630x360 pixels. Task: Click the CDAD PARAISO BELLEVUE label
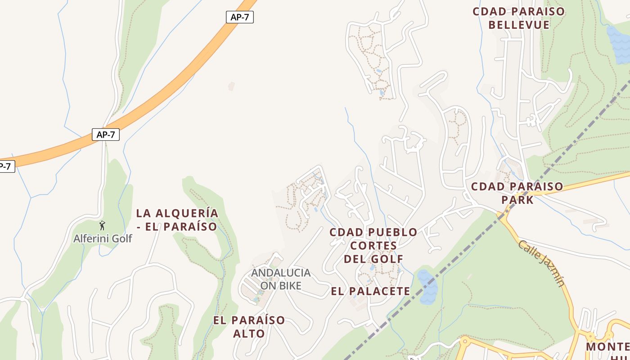[518, 18]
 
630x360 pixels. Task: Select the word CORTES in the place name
[373, 246]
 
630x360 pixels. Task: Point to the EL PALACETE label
[370, 291]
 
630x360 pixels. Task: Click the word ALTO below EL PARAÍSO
[249, 333]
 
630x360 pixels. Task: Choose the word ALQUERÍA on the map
[189, 213]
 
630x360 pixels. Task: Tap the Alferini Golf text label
[103, 238]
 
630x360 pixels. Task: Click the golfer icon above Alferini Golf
[103, 225]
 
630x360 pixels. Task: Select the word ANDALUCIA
[281, 273]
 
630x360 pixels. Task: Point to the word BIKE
[291, 285]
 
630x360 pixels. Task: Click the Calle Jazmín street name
[541, 263]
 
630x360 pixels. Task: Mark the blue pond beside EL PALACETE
[427, 287]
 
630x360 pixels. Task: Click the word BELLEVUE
[518, 25]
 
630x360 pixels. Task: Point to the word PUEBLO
[392, 233]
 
